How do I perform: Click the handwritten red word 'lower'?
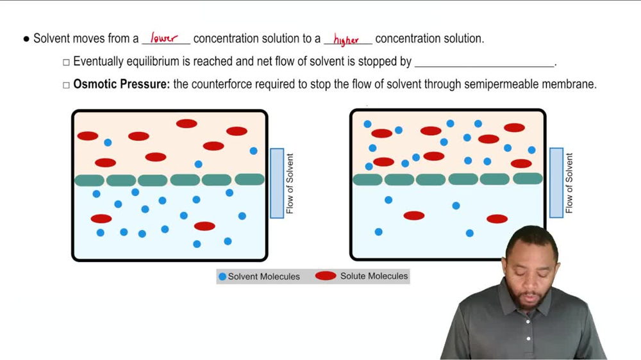click(164, 38)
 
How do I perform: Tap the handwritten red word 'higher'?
click(346, 40)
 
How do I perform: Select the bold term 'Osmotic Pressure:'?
click(122, 84)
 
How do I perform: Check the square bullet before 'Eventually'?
click(66, 62)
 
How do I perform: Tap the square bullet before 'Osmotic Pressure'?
click(66, 85)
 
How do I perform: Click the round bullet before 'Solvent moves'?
click(26, 39)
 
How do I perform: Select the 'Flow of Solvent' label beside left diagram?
click(290, 183)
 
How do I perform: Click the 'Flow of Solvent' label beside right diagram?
click(569, 183)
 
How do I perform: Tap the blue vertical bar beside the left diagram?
click(277, 183)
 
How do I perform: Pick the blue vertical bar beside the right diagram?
click(556, 183)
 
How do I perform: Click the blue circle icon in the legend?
click(222, 277)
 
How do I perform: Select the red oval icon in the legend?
click(326, 276)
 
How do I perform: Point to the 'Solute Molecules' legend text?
click(374, 276)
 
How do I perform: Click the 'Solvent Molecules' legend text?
click(263, 277)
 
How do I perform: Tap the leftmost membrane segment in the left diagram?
click(90, 181)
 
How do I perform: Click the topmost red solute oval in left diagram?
click(187, 124)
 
